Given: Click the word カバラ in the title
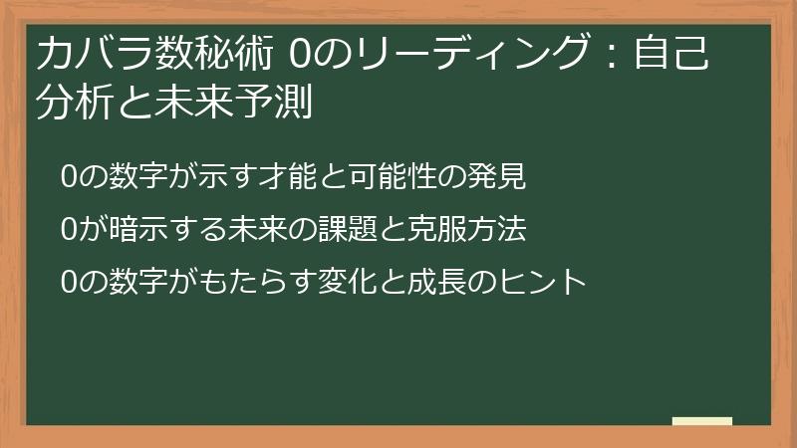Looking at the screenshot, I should click(91, 55).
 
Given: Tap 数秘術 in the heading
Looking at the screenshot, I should click(209, 55).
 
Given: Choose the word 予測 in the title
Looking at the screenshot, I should click(279, 103).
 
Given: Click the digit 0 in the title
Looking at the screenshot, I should click(298, 55).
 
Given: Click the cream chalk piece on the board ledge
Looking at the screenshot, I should click(702, 420).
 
